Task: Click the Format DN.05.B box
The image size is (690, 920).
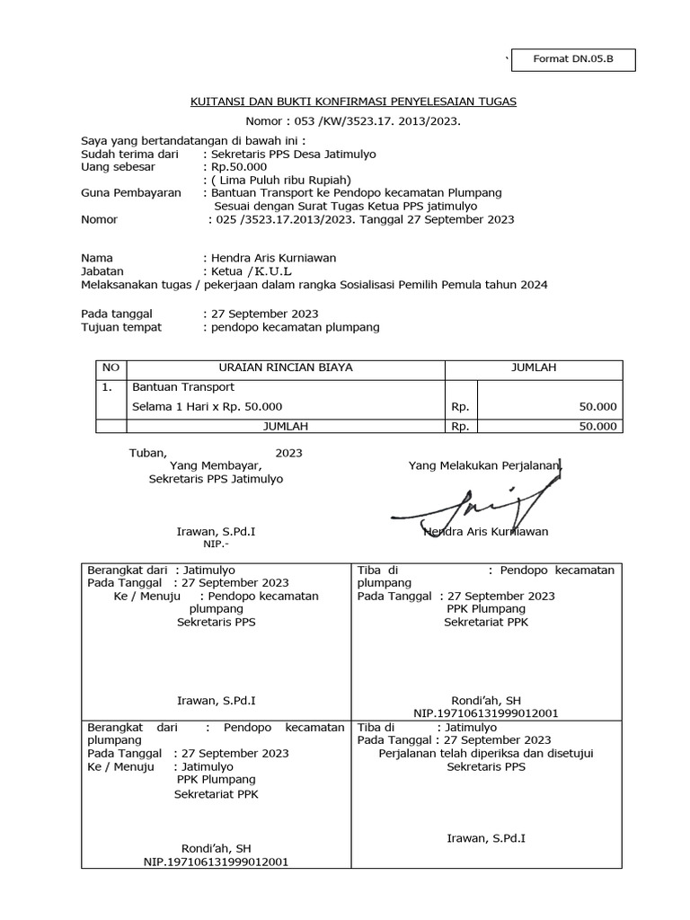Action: pos(574,60)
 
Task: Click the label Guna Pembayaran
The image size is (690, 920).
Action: pos(130,193)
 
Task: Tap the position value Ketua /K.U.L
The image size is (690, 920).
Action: pos(251,270)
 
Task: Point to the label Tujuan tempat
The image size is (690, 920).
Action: pos(121,328)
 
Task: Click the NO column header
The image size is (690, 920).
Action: pos(111,367)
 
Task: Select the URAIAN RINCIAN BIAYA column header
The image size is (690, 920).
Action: pos(286,367)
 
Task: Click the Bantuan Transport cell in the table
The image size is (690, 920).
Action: pos(183,387)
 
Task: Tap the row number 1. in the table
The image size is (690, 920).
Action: pos(108,387)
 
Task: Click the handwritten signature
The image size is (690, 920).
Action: pos(471,508)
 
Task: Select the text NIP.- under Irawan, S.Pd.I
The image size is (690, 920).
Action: pos(217,544)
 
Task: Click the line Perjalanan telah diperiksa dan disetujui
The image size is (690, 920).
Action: pos(487,754)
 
